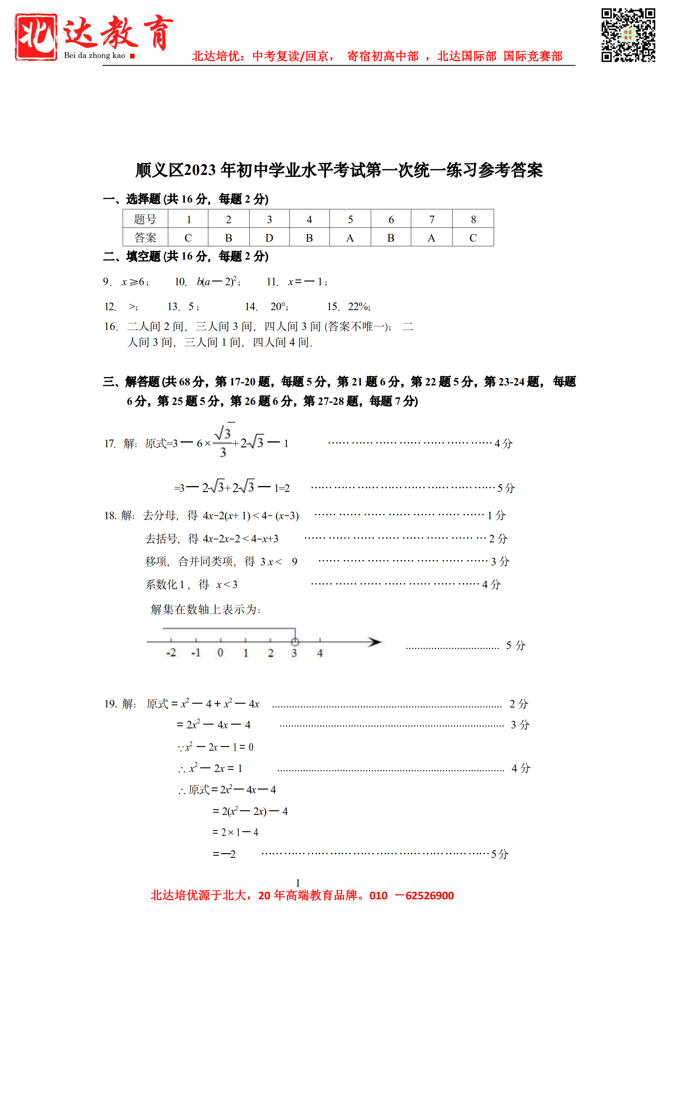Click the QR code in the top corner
pyautogui.click(x=628, y=35)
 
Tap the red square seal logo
pyautogui.click(x=36, y=37)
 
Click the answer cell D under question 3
pyautogui.click(x=269, y=238)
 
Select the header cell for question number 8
pyautogui.click(x=473, y=219)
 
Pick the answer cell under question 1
pyautogui.click(x=188, y=238)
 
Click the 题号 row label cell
pyautogui.click(x=145, y=219)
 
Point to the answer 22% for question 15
pyautogui.click(x=358, y=307)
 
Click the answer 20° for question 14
pyautogui.click(x=279, y=307)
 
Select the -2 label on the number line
pyautogui.click(x=171, y=653)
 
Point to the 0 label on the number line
pyautogui.click(x=220, y=653)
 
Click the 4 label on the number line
pyautogui.click(x=320, y=653)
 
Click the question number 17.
pyautogui.click(x=110, y=444)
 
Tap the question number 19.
pyautogui.click(x=110, y=704)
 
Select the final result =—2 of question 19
pyautogui.click(x=224, y=854)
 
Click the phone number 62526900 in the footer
pyautogui.click(x=429, y=896)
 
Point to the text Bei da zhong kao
pyautogui.click(x=94, y=56)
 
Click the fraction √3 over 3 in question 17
pyautogui.click(x=223, y=442)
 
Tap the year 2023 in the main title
pyautogui.click(x=200, y=171)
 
